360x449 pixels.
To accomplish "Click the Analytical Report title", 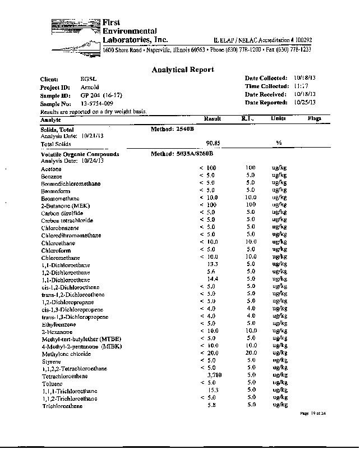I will (x=183, y=70).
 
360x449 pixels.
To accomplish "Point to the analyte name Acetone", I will (x=51, y=168).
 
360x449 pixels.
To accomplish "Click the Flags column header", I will (x=315, y=119).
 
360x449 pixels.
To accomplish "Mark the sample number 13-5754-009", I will (x=97, y=104).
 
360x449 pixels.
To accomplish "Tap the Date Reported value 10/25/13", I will (x=305, y=102).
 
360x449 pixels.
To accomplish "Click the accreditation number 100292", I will (x=301, y=41).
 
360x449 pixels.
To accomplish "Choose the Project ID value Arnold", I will (x=90, y=88).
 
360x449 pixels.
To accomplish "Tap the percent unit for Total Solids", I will (x=278, y=143).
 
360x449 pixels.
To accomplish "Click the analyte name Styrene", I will (x=50, y=361).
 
